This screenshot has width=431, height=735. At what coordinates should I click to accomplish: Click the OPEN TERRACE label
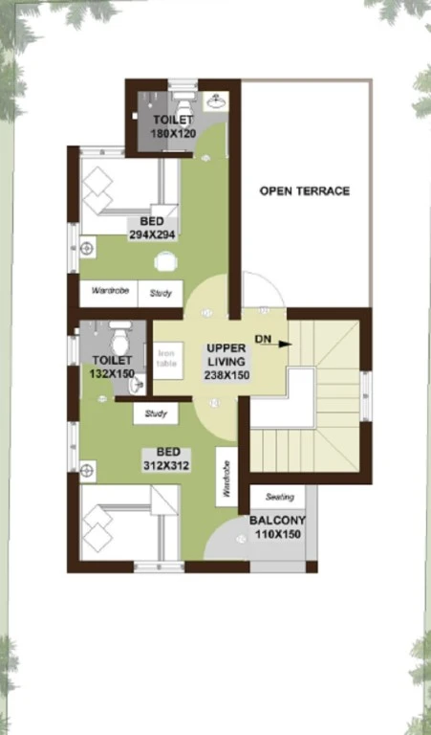pos(305,190)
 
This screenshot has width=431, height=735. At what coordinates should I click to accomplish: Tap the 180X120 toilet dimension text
pos(173,133)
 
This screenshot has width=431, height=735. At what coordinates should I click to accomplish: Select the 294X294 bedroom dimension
pos(153,234)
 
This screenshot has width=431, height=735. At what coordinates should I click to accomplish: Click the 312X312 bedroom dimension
pos(166,465)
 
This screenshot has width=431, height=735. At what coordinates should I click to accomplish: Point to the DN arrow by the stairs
pos(273,344)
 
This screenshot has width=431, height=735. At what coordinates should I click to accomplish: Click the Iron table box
pos(167,359)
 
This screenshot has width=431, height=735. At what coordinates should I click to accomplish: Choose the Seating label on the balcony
pos(280,497)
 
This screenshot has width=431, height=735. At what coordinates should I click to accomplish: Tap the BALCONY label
pos(277,521)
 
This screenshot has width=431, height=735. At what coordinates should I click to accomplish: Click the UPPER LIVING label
pos(226,355)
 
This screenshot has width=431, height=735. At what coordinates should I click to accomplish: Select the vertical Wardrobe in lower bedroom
pos(226,477)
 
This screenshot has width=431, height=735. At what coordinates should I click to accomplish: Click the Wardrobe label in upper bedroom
pos(110,291)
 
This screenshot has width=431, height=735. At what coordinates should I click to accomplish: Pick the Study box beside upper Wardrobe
pos(161,294)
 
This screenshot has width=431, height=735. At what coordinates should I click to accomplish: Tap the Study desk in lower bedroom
pos(156,413)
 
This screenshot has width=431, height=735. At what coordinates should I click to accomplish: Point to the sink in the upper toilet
pos(216,100)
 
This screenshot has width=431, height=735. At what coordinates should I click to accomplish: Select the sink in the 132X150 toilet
pos(136,386)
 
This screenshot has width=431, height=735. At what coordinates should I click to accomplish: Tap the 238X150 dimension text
pos(226,375)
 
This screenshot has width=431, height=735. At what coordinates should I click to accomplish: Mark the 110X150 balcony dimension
pos(277,534)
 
